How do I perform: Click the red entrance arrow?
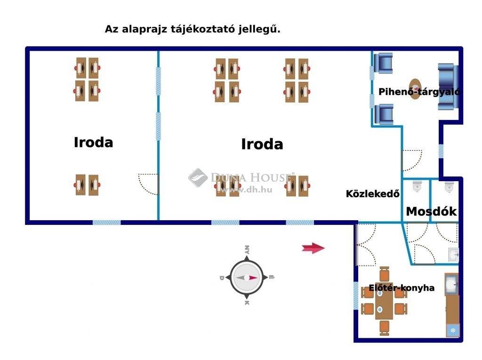pos(313,248)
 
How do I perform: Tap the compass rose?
pos(247,277)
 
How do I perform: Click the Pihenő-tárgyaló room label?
pos(419,92)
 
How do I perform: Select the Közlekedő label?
pos(373,194)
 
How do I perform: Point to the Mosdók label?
pos(431,211)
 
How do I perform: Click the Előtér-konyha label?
pos(402,288)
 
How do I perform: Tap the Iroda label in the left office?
pos(94,142)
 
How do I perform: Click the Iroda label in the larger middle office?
pos(262,144)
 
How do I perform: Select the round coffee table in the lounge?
pos(415,89)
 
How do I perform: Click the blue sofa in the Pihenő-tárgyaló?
pos(448,87)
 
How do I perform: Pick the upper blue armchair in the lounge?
pos(383,64)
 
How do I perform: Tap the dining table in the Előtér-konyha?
pos(384,301)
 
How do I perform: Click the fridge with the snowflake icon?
pos(453,330)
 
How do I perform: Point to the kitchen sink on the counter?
pos(451,284)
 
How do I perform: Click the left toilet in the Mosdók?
pos(417,187)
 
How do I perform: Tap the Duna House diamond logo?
pos(198,178)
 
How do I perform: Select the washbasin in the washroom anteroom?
pos(453,255)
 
